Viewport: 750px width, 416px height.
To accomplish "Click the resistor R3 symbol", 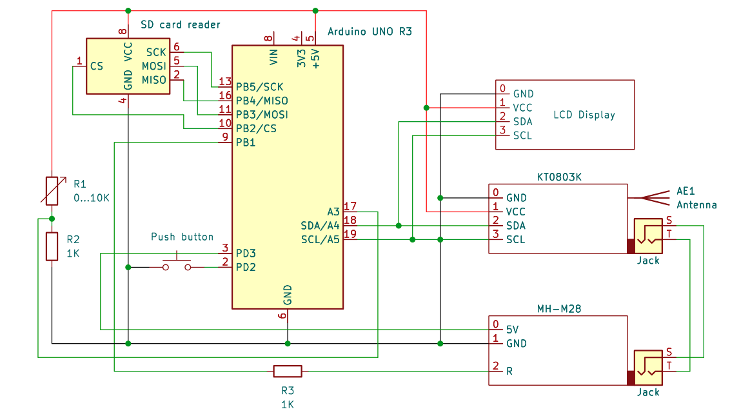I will [x=287, y=371].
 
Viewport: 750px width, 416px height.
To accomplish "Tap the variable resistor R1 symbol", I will [x=52, y=190].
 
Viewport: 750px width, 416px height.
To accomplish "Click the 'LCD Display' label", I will [x=584, y=115].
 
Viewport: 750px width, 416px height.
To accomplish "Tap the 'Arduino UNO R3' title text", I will [x=370, y=31].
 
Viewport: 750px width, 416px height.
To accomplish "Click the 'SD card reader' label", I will [x=181, y=25].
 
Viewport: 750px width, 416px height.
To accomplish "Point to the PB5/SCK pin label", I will [x=259, y=86].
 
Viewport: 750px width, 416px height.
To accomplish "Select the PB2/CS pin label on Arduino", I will [x=256, y=128].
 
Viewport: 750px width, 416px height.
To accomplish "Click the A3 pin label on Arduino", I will [x=333, y=212].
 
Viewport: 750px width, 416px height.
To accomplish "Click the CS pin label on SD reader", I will [x=97, y=66].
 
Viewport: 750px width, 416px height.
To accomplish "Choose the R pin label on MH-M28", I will [x=509, y=371].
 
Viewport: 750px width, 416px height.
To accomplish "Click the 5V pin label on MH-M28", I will [x=513, y=328].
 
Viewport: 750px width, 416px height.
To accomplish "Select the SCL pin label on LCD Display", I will [x=522, y=135].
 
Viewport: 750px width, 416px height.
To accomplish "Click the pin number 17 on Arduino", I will [x=350, y=206].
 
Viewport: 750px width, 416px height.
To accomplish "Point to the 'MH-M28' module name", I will [x=558, y=309].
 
